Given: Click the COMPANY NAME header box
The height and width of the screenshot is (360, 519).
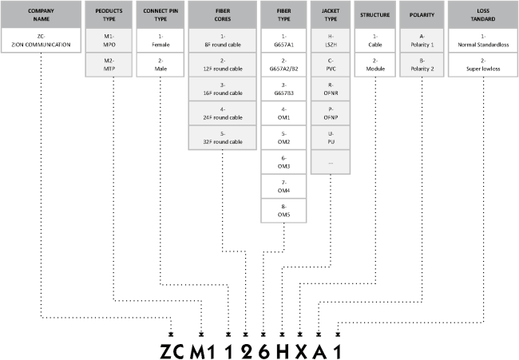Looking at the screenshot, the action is point(41,14).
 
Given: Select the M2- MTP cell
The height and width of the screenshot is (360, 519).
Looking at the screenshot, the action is point(109,65).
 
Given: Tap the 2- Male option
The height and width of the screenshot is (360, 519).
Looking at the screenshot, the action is point(160,65).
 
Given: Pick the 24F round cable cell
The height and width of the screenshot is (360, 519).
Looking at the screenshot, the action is point(223,113).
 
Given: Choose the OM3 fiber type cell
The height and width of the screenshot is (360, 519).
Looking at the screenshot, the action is point(283,162).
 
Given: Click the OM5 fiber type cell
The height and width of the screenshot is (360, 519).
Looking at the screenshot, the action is point(283,211).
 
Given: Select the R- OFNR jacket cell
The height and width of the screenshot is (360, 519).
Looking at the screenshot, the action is point(331,89).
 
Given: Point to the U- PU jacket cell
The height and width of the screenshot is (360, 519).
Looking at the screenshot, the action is point(331,137).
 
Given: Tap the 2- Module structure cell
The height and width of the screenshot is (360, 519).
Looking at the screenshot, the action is point(375,65).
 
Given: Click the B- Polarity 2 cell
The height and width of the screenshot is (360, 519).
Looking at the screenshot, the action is point(422,65).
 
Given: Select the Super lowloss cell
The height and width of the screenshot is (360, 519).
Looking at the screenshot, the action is point(483,65).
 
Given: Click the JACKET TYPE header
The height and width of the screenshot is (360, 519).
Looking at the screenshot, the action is point(331,14).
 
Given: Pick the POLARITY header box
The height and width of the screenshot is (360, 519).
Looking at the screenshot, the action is point(422,14).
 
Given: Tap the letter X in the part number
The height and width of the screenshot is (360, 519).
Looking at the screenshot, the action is point(301,351).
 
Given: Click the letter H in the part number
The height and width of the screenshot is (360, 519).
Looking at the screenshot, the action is point(283,351).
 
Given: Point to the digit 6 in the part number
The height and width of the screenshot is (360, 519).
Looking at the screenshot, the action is point(263,351).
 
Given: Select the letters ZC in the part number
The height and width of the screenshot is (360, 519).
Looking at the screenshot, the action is point(172,351).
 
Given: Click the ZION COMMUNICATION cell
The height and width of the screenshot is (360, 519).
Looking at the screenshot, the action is point(41,41).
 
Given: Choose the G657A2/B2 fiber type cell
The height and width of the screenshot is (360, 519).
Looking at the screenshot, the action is point(283,65).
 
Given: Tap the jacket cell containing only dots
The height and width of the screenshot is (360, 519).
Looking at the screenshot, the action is point(331,162).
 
